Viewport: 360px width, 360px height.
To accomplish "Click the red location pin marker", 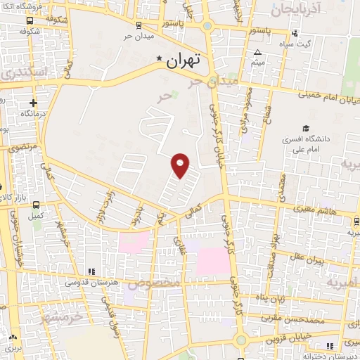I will pos(181,165).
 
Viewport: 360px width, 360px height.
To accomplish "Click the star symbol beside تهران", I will pos(160,60).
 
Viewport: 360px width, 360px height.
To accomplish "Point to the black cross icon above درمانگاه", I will pos(34,103).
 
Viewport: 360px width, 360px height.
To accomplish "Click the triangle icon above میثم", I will pos(257,53).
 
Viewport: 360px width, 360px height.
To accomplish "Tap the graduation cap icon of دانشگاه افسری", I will pos(305,127).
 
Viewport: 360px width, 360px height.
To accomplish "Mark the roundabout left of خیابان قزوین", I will pos(241,340).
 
